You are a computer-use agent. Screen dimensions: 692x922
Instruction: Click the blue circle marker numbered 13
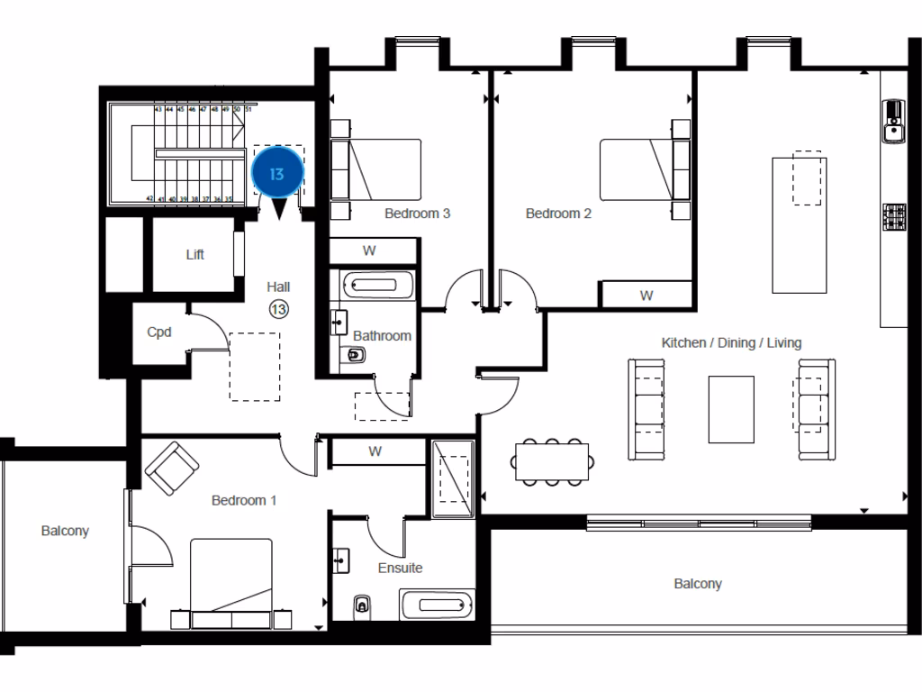point(276,173)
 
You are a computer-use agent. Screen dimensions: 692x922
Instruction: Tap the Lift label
point(195,255)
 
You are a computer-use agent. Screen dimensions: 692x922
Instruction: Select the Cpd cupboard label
point(159,332)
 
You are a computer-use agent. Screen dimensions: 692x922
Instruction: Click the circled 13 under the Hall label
point(278,309)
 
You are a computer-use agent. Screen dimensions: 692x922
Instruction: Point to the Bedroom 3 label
point(417,214)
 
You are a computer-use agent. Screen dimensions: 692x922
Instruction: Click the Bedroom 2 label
point(558,214)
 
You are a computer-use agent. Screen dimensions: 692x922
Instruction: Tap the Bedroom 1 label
point(244,500)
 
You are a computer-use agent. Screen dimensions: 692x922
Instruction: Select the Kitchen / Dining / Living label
point(731,342)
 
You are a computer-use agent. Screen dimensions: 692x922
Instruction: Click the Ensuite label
point(401,568)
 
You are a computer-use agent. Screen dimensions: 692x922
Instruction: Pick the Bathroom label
point(382,335)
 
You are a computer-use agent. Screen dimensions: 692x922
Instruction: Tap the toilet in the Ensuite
point(362,605)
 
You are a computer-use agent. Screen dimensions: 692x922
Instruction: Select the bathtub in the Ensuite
point(436,604)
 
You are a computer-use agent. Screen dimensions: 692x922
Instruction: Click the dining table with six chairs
point(552,463)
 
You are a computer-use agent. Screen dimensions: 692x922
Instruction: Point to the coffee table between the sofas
point(731,409)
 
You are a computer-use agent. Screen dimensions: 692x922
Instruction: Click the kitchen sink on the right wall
point(893,122)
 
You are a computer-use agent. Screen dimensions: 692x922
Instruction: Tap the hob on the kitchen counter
point(893,216)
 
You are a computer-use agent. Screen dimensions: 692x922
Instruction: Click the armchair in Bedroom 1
point(172,469)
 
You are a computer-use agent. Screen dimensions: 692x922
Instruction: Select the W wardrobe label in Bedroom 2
point(646,296)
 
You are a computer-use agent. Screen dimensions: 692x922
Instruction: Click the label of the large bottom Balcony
point(698,584)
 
